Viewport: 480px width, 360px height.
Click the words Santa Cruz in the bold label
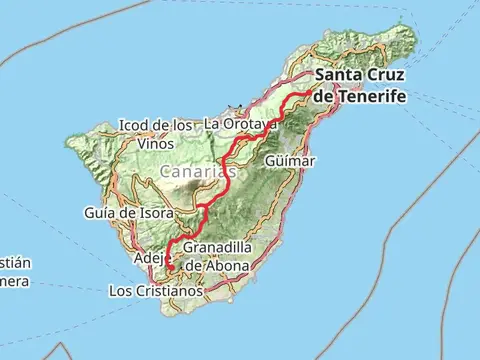tap(363, 76)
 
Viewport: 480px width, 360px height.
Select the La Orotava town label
tap(239, 124)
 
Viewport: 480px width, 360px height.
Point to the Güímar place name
tap(291, 160)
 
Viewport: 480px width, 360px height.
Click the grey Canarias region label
tap(198, 173)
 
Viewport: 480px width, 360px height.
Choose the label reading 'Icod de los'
tap(156, 125)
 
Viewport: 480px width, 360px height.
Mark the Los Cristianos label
tap(155, 291)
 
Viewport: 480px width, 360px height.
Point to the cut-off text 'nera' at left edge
tap(14, 281)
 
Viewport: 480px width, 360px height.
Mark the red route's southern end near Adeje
tap(171, 269)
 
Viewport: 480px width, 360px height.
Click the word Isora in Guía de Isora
tap(155, 213)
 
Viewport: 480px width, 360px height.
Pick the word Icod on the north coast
tap(134, 125)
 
